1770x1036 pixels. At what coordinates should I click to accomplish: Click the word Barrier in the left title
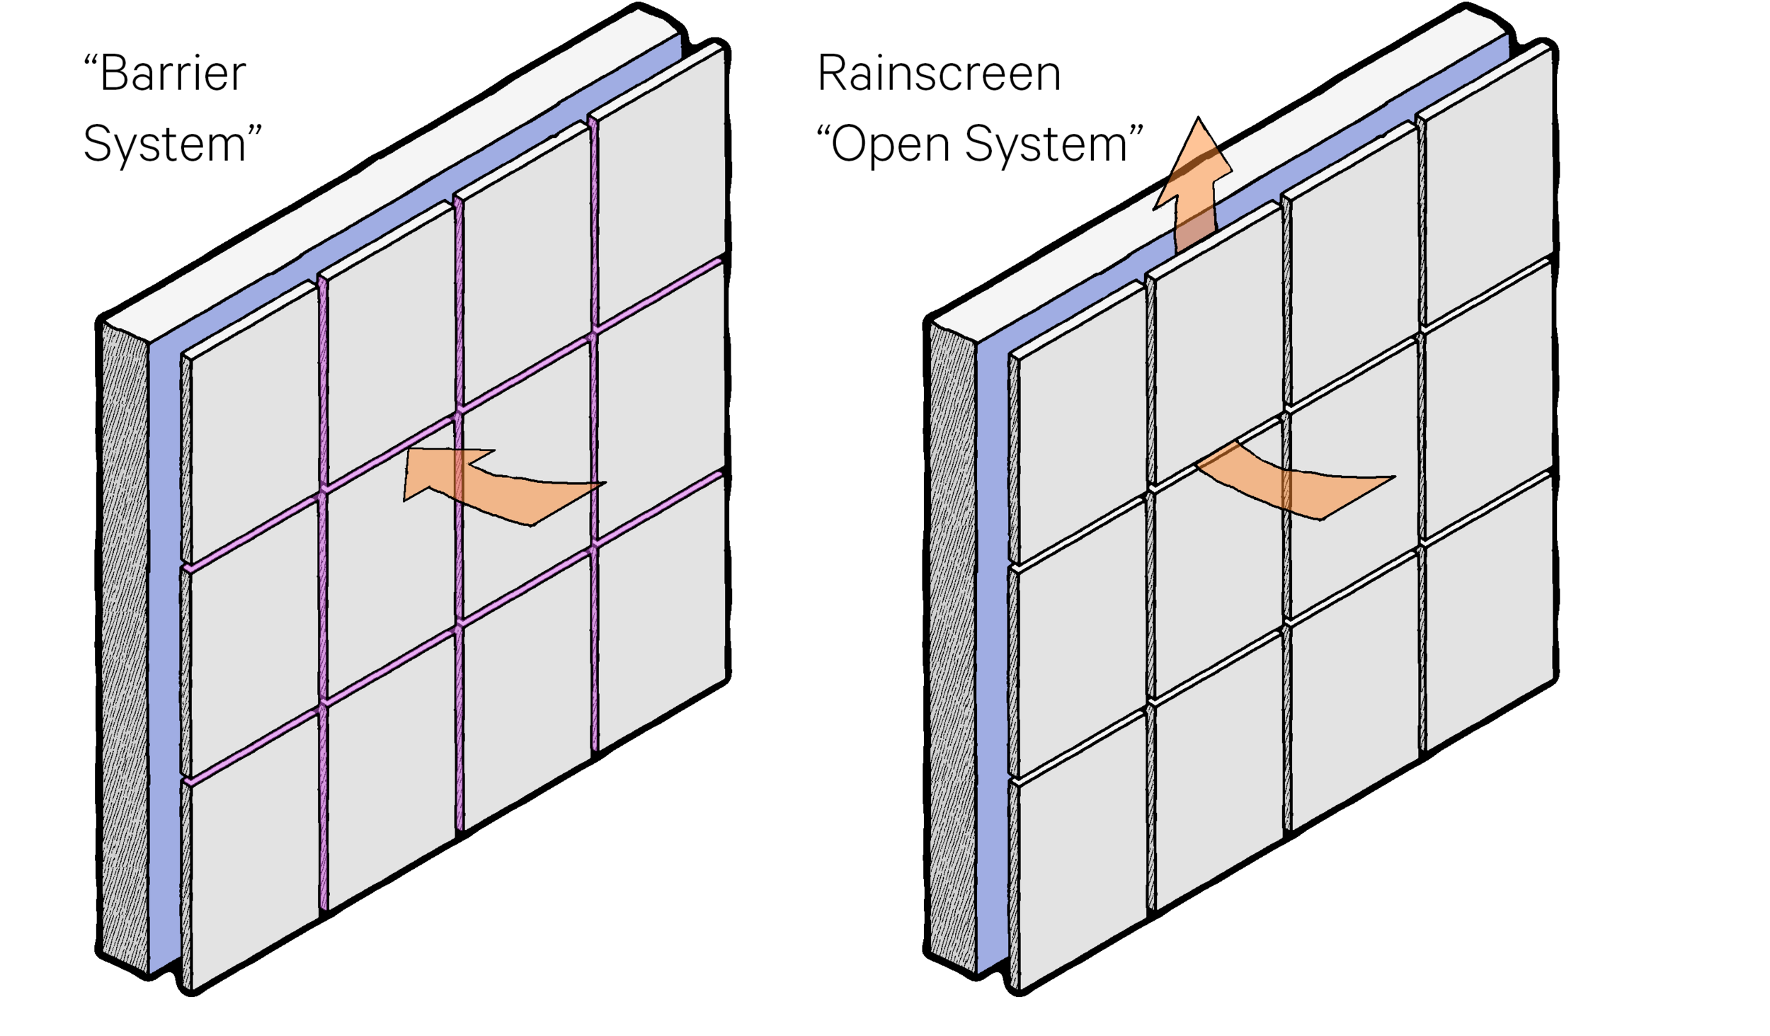point(173,74)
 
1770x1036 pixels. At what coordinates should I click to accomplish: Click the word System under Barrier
point(164,144)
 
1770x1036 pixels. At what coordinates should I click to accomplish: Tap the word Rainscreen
point(939,74)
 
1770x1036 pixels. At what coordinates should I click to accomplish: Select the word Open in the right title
point(890,144)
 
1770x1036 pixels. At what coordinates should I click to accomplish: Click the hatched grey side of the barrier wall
point(124,637)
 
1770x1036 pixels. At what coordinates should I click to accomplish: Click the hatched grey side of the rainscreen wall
point(951,637)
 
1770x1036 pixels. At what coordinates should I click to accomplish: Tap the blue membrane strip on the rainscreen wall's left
point(991,637)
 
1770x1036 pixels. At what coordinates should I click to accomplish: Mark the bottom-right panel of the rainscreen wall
point(1487,616)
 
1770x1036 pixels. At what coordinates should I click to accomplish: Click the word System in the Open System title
point(1046,144)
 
